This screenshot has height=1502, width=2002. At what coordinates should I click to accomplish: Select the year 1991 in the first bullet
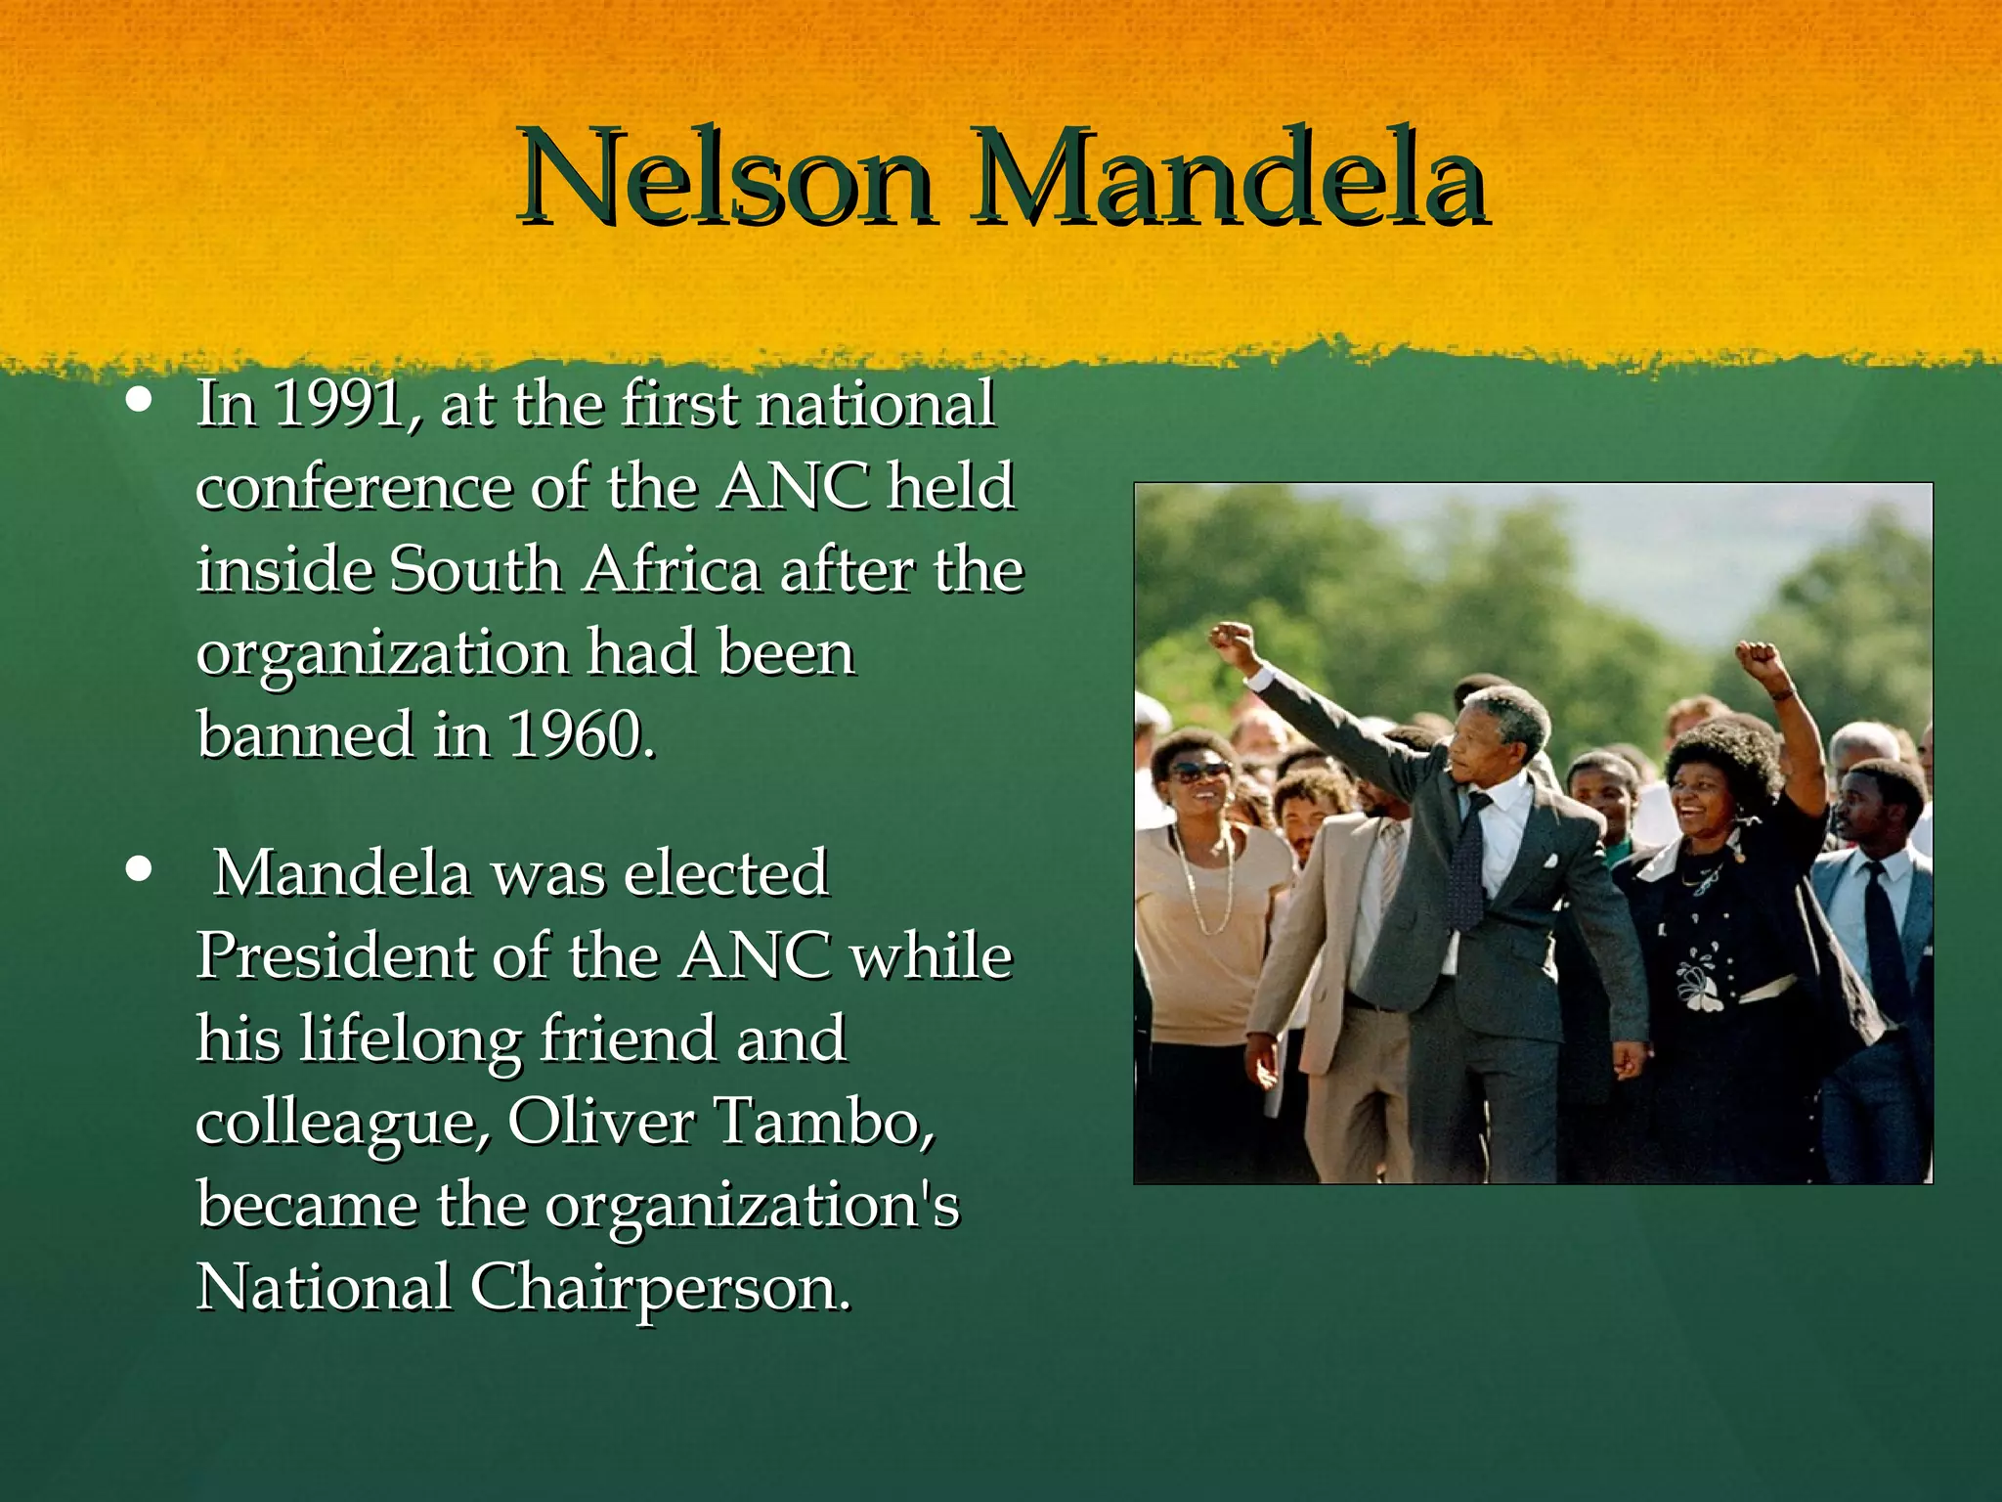(x=338, y=403)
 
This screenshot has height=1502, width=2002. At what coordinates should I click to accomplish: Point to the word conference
(x=354, y=486)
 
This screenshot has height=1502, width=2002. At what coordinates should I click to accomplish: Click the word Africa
(x=672, y=569)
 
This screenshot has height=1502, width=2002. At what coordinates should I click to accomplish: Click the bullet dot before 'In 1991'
(x=140, y=401)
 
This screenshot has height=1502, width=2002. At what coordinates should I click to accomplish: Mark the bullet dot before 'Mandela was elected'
(x=140, y=869)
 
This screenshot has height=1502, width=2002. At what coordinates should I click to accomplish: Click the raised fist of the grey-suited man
(x=1232, y=643)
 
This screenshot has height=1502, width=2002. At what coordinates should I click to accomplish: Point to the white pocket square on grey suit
(x=1547, y=861)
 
